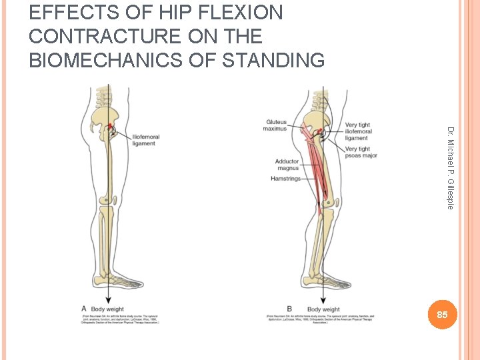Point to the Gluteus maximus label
pyautogui.click(x=276, y=125)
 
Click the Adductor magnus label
pyautogui.click(x=287, y=165)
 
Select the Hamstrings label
pyautogui.click(x=285, y=179)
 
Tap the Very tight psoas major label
pyautogui.click(x=361, y=152)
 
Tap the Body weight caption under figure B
pyautogui.click(x=323, y=309)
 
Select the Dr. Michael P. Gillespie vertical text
pyautogui.click(x=451, y=167)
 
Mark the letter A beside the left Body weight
pyautogui.click(x=84, y=309)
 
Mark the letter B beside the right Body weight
pyautogui.click(x=289, y=309)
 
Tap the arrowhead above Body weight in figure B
pyautogui.click(x=323, y=298)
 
